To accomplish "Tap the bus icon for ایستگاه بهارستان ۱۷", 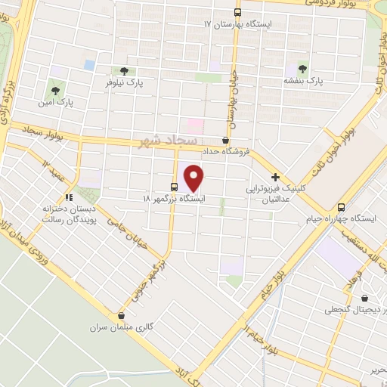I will (x=238, y=12).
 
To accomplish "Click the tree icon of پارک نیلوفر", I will (x=123, y=70).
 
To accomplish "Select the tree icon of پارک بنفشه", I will (x=302, y=67).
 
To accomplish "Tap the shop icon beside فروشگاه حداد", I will (x=225, y=141).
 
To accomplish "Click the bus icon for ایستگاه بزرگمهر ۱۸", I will (x=175, y=187).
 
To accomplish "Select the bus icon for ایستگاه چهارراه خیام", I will (x=341, y=206).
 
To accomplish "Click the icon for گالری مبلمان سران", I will (x=121, y=316).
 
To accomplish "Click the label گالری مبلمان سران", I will (x=122, y=328).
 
